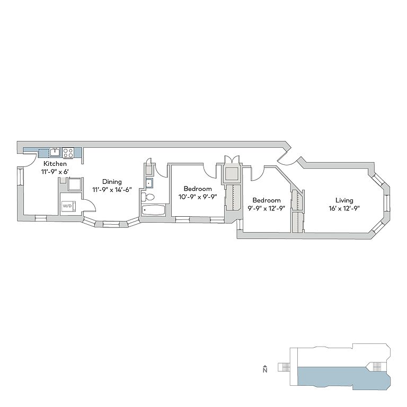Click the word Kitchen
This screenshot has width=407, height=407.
pos(55,164)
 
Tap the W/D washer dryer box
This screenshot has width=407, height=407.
pos(68,205)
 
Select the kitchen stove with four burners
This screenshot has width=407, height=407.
pos(68,153)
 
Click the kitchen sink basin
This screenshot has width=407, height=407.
pos(55,153)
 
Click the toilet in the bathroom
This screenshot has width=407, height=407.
pos(149,197)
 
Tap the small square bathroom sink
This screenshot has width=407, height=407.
pos(148,184)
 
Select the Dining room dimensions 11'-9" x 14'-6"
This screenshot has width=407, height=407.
pos(112,190)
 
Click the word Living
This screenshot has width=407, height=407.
pos(344,200)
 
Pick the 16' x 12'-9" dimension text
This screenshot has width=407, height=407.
pos(344,208)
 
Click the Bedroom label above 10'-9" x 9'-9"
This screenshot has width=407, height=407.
pos(198,189)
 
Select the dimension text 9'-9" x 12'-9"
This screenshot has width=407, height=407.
pos(266,208)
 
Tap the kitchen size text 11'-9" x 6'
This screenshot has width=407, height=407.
pos(55,172)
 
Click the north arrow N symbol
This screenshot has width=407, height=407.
pos(264,369)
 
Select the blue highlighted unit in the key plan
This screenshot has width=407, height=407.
pos(339,377)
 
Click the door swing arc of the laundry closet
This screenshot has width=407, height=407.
pos(90,207)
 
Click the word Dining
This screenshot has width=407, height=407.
pos(112,182)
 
